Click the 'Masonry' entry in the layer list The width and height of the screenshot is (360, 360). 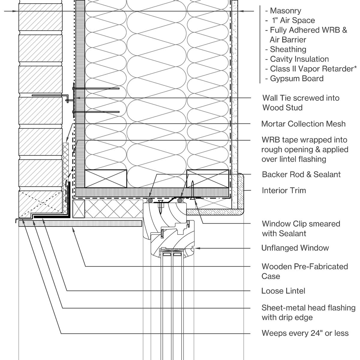(x=285, y=11)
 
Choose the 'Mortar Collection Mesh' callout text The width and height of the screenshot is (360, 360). (x=303, y=124)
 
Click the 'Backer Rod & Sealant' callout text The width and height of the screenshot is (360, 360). (x=301, y=175)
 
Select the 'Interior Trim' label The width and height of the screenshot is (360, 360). (x=284, y=190)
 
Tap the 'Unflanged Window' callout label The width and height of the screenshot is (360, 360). (x=295, y=248)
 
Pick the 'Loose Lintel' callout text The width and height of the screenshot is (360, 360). (x=283, y=291)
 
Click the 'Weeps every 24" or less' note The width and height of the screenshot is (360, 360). (x=305, y=333)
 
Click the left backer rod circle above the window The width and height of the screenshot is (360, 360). (x=150, y=200)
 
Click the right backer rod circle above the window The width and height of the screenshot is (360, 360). (x=180, y=200)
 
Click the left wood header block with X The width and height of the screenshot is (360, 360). (x=106, y=179)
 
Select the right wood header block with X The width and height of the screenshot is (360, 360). (x=208, y=179)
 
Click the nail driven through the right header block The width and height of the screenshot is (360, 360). (x=193, y=189)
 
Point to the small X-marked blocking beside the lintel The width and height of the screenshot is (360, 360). (x=79, y=209)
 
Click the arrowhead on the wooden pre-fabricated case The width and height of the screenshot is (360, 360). (x=73, y=229)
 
